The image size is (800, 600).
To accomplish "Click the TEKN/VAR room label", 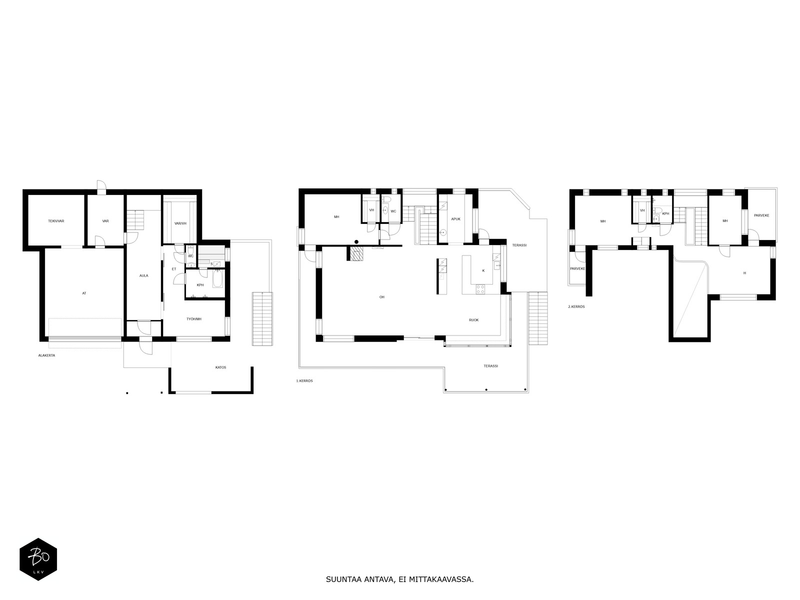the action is tap(56, 221).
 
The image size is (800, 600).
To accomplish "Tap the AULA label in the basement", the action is tap(143, 276).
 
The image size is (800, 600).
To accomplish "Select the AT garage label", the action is tap(84, 293).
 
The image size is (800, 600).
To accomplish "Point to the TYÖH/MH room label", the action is tap(194, 319).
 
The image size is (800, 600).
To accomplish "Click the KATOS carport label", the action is tap(220, 367).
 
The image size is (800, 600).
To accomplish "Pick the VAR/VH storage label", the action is tap(180, 223).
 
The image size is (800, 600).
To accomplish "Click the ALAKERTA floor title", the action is tap(46, 355).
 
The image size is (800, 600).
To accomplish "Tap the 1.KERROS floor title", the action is tap(304, 381).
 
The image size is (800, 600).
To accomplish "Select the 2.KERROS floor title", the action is tap(576, 306).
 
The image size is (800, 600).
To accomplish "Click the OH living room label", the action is tap(382, 297).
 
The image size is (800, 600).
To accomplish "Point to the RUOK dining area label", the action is tap(474, 320).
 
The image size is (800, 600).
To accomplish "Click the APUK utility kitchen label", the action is tap(455, 219).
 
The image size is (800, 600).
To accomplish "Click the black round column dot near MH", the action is tap(356, 242).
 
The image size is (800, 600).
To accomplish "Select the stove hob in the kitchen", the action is tap(480, 289).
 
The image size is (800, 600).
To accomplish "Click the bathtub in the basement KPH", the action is tap(217, 278).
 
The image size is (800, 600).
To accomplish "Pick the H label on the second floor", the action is tap(744, 273).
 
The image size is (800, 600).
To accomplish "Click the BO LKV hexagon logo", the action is tap(38, 559).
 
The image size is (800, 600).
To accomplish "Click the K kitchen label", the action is tap(483, 271).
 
